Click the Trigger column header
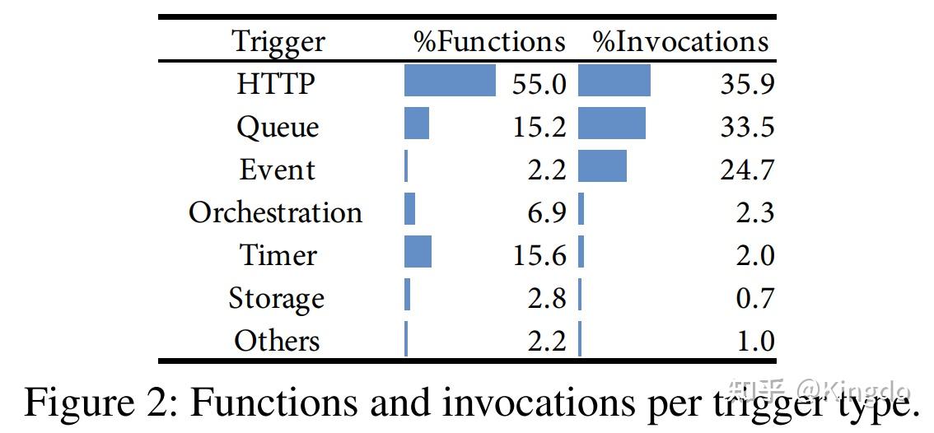pyautogui.click(x=278, y=41)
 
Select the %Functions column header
pyautogui.click(x=490, y=41)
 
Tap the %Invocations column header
pyautogui.click(x=680, y=41)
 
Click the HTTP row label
pyautogui.click(x=276, y=83)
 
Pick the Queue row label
pyautogui.click(x=277, y=127)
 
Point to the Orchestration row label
pyautogui.click(x=275, y=212)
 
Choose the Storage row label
pyautogui.click(x=276, y=298)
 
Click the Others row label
pyautogui.click(x=276, y=341)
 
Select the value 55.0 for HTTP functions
pyautogui.click(x=539, y=83)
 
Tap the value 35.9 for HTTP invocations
pyautogui.click(x=747, y=83)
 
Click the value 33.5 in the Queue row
pyautogui.click(x=747, y=127)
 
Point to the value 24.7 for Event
pyautogui.click(x=747, y=170)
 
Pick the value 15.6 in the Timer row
pyautogui.click(x=539, y=255)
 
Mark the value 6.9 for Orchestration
pyautogui.click(x=547, y=212)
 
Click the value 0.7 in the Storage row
pyautogui.click(x=755, y=298)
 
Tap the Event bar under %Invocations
pyautogui.click(x=602, y=165)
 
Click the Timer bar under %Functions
pyautogui.click(x=418, y=252)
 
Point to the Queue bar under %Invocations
pyautogui.click(x=612, y=123)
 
